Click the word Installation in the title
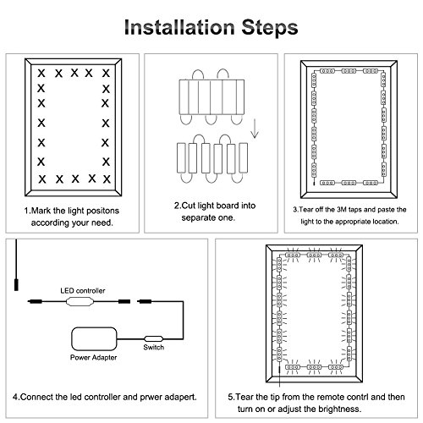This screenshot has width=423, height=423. point(179,27)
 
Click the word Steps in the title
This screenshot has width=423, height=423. point(270,27)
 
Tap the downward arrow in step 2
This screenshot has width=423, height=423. point(255,129)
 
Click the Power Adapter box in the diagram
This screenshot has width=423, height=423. point(94,338)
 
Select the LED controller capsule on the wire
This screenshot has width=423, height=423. point(80,301)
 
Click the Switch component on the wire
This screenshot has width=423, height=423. point(153,338)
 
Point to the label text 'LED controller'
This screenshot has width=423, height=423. point(83,290)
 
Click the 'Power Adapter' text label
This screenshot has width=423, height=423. point(93,357)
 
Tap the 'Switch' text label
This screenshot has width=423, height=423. point(153,347)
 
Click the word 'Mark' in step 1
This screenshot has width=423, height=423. point(41,211)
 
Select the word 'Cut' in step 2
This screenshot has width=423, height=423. point(188,206)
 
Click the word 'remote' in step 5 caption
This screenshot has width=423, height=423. point(316,397)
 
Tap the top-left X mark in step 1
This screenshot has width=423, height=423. point(41,74)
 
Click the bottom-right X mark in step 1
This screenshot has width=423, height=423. point(107,179)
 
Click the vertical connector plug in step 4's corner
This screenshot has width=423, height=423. point(16,284)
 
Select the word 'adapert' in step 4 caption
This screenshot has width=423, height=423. point(180,397)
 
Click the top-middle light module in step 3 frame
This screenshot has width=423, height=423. point(349,71)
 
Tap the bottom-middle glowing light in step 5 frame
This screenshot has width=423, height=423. point(314,367)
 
